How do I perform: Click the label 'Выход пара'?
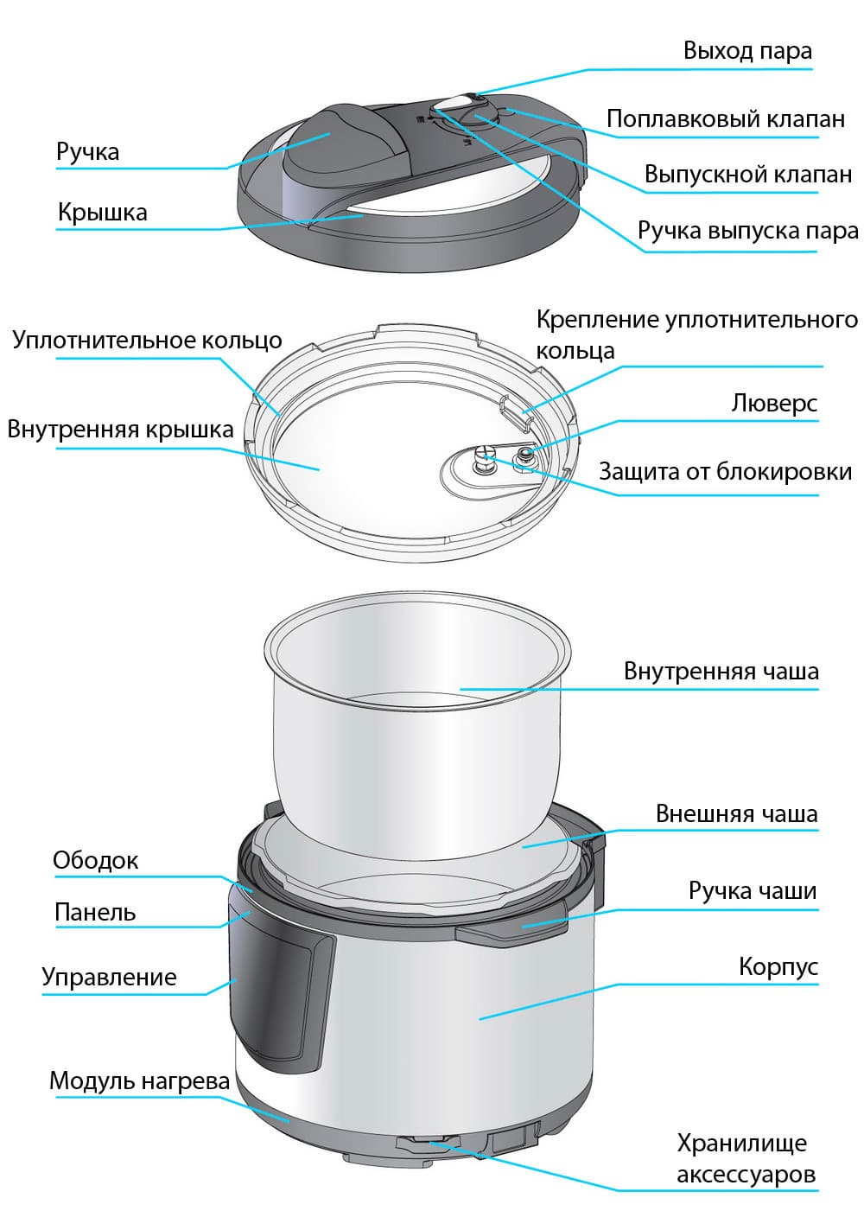(x=747, y=51)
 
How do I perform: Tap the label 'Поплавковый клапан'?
(x=726, y=118)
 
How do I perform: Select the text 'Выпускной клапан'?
(x=748, y=174)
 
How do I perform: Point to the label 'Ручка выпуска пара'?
(x=747, y=231)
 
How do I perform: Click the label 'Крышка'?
(x=103, y=213)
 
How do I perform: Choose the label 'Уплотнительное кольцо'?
(x=147, y=341)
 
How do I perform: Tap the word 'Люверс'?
(x=774, y=404)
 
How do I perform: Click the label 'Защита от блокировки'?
(x=725, y=472)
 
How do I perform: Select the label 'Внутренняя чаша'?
(x=721, y=671)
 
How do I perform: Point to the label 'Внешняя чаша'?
(x=737, y=813)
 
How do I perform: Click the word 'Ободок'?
(x=96, y=860)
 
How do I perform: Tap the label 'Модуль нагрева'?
(x=139, y=1080)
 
